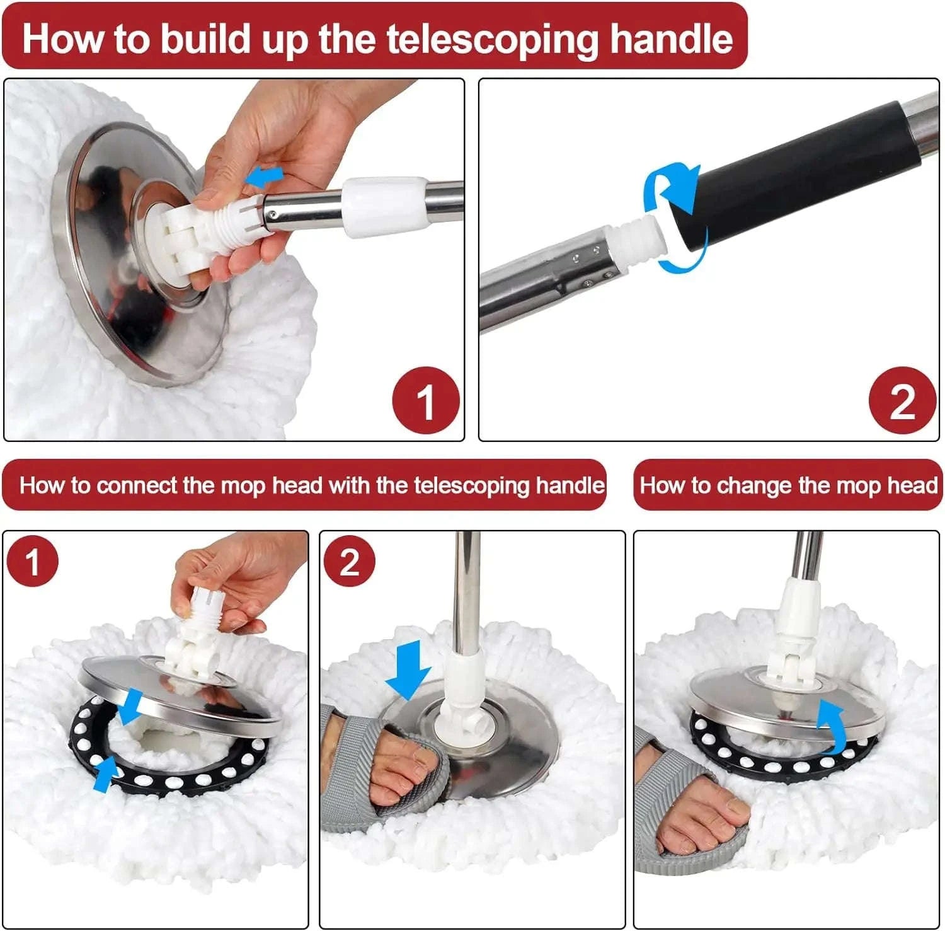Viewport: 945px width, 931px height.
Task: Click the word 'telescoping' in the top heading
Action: tap(492, 39)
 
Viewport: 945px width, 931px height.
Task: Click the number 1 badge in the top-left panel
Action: tap(425, 401)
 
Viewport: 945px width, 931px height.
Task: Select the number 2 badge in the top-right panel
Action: tap(902, 401)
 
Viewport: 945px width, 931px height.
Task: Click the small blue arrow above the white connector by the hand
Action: tap(263, 178)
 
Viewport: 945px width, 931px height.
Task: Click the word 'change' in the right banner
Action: tap(755, 486)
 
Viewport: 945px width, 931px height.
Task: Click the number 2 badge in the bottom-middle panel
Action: tap(349, 561)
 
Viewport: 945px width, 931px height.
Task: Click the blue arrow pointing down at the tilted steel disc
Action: tap(132, 706)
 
